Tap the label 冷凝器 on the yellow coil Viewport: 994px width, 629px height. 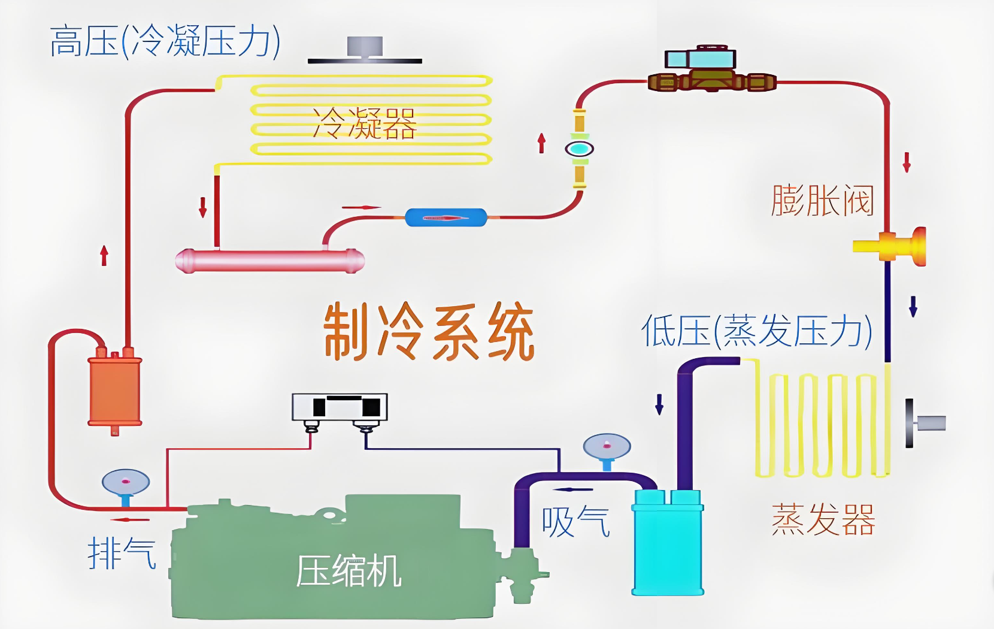point(364,124)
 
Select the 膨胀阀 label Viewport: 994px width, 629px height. point(823,200)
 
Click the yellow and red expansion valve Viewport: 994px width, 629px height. point(892,246)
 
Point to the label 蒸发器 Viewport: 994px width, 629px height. point(823,519)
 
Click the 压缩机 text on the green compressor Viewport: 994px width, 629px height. point(348,571)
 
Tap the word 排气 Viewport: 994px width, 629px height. point(122,553)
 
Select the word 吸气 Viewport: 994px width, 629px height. point(575,522)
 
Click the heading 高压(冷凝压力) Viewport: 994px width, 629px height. point(165,41)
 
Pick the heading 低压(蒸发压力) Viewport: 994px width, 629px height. point(756,331)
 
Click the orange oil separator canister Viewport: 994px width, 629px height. point(115,390)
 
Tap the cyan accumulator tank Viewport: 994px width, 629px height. point(668,545)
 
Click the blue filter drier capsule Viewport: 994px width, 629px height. point(446,217)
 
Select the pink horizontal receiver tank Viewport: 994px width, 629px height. point(269,261)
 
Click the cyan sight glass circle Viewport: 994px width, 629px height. point(579,149)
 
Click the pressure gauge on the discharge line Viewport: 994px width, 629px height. point(126,482)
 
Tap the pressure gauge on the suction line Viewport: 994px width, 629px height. point(607,446)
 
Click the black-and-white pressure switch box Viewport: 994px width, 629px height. point(340,407)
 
